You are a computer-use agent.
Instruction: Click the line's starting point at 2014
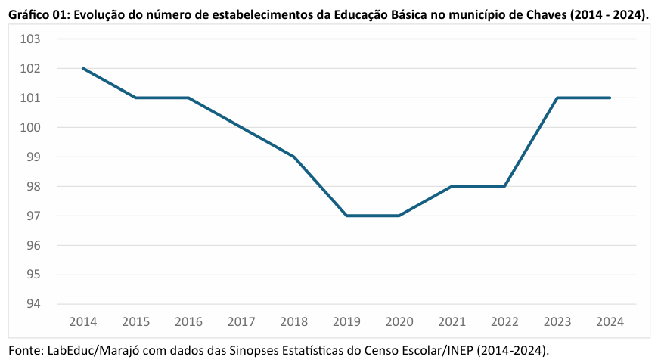(82, 68)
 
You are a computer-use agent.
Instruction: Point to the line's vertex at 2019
(346, 216)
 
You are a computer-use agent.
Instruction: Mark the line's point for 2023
(557, 98)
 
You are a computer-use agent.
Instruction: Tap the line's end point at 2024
(610, 98)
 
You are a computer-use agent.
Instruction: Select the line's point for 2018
(293, 157)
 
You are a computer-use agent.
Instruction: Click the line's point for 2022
(504, 186)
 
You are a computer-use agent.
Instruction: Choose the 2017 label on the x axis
(241, 321)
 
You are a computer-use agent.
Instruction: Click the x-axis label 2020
(399, 321)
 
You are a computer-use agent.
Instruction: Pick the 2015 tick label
(135, 321)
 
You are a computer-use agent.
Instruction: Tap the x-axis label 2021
(452, 321)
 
